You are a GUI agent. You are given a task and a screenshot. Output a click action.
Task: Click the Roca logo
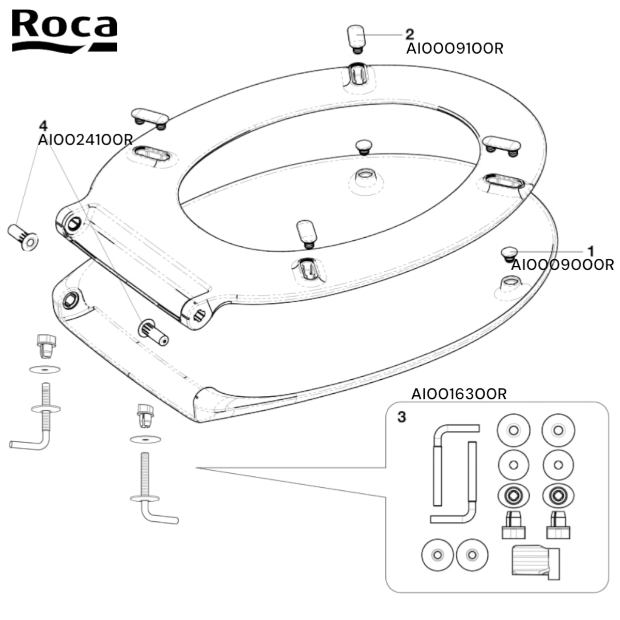tap(65, 31)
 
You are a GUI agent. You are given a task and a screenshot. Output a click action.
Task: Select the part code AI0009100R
tap(455, 49)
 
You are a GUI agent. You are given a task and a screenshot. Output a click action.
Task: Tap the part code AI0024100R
tap(85, 140)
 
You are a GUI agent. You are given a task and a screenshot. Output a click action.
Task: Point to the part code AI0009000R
tap(562, 265)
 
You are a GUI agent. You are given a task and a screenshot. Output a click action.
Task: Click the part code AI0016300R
tap(459, 394)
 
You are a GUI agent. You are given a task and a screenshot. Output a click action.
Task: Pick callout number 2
tap(409, 34)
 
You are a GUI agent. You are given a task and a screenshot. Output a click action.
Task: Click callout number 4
tap(43, 126)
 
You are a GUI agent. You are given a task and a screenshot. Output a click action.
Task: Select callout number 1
tap(591, 252)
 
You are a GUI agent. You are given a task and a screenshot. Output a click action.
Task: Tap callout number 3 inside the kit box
tap(401, 416)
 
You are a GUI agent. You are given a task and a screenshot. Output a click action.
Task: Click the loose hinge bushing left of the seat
tap(23, 238)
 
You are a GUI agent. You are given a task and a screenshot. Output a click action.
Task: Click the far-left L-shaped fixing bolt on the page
tap(36, 419)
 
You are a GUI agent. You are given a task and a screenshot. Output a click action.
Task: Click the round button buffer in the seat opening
tap(366, 146)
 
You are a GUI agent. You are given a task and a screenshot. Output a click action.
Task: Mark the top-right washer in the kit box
tap(558, 430)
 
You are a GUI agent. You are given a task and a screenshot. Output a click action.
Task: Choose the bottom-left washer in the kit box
tap(438, 555)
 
